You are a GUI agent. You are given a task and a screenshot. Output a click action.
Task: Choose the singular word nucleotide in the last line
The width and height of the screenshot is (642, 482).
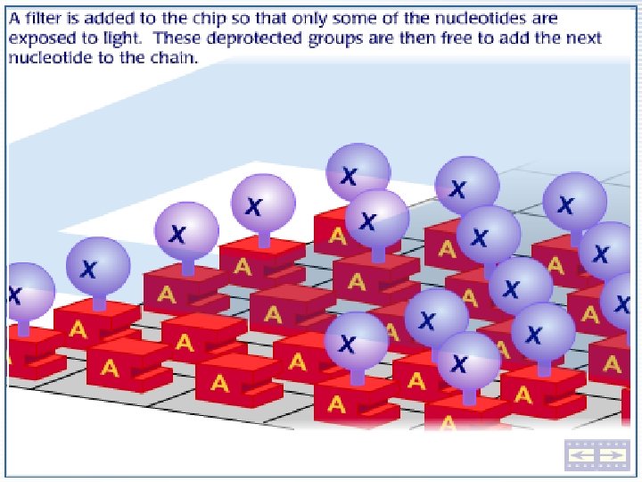pyautogui.click(x=49, y=57)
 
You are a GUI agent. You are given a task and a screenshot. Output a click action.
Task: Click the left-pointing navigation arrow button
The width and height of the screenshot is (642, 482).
pyautogui.click(x=583, y=455)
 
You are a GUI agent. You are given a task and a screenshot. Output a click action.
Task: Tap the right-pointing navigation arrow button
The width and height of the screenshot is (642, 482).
pyautogui.click(x=612, y=455)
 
